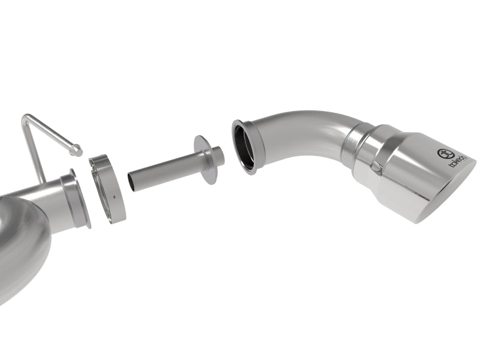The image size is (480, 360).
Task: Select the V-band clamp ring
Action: click(x=107, y=188)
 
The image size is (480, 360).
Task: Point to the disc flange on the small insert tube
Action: click(x=205, y=160)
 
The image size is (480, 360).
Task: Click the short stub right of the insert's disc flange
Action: click(x=218, y=157)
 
